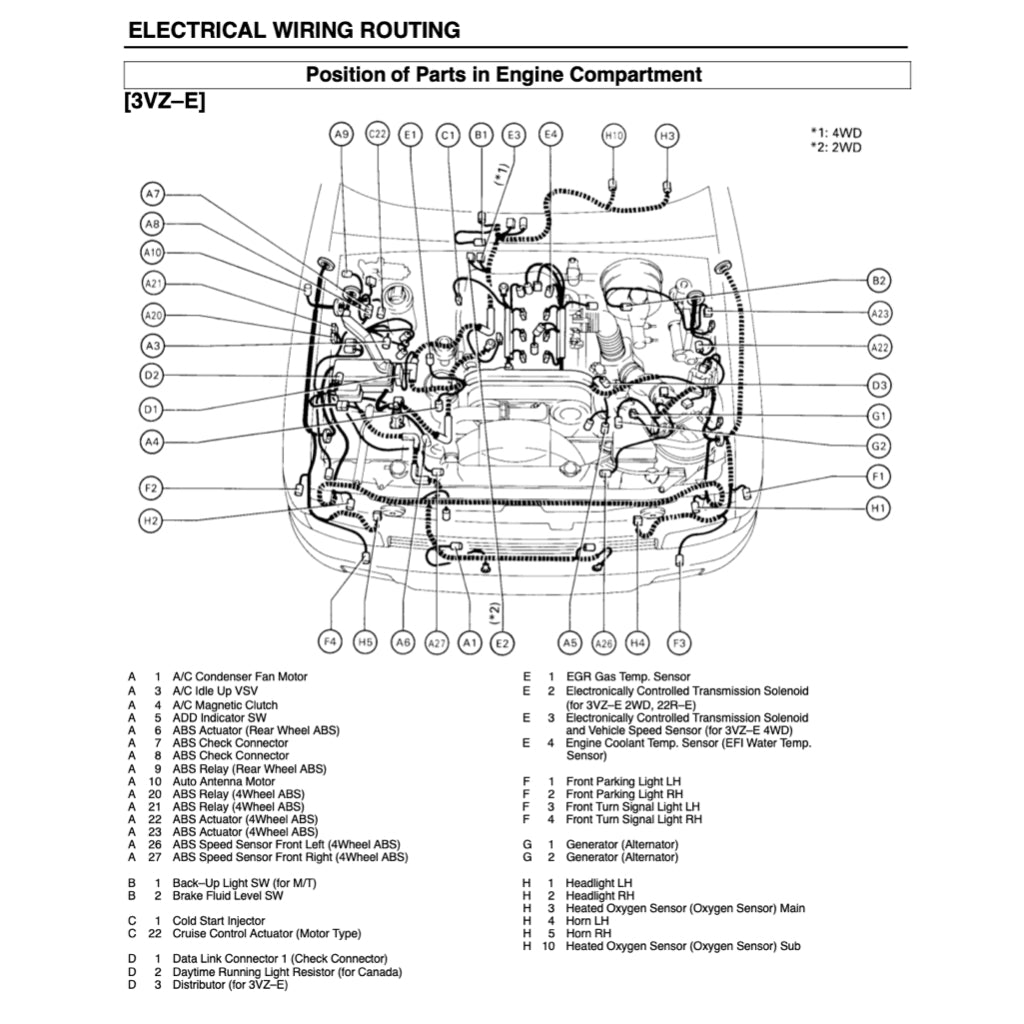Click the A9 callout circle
click(342, 134)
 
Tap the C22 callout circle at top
click(377, 134)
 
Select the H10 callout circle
click(613, 135)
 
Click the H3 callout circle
click(667, 135)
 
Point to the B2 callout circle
click(879, 281)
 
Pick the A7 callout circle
click(152, 194)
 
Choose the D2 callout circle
click(151, 376)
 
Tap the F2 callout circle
click(151, 488)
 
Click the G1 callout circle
click(879, 415)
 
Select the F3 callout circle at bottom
click(679, 642)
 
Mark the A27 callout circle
click(437, 643)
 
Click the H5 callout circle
click(365, 642)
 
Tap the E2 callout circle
click(502, 643)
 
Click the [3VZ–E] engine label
click(165, 102)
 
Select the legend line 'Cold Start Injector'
click(219, 920)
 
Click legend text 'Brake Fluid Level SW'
click(228, 896)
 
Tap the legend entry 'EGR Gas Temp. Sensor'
click(628, 677)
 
